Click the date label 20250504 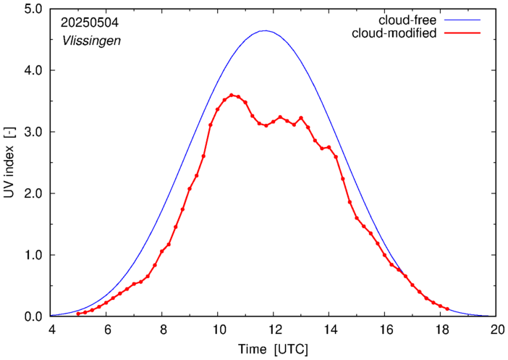pyautogui.click(x=90, y=22)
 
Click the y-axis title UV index pyautogui.click(x=9, y=163)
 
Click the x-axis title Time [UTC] pyautogui.click(x=274, y=350)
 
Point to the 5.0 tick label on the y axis pyautogui.click(x=32, y=9)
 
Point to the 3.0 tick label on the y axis pyautogui.click(x=32, y=132)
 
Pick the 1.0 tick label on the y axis pyautogui.click(x=32, y=255)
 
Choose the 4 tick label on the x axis pyautogui.click(x=51, y=330)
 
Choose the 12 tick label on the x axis pyautogui.click(x=274, y=330)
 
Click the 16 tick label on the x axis pyautogui.click(x=385, y=330)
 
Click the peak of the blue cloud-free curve pyautogui.click(x=265, y=30)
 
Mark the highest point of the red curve pyautogui.click(x=232, y=95)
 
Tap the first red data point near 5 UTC pyautogui.click(x=78, y=314)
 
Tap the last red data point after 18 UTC pyautogui.click(x=448, y=309)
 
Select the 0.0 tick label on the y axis pyautogui.click(x=32, y=317)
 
